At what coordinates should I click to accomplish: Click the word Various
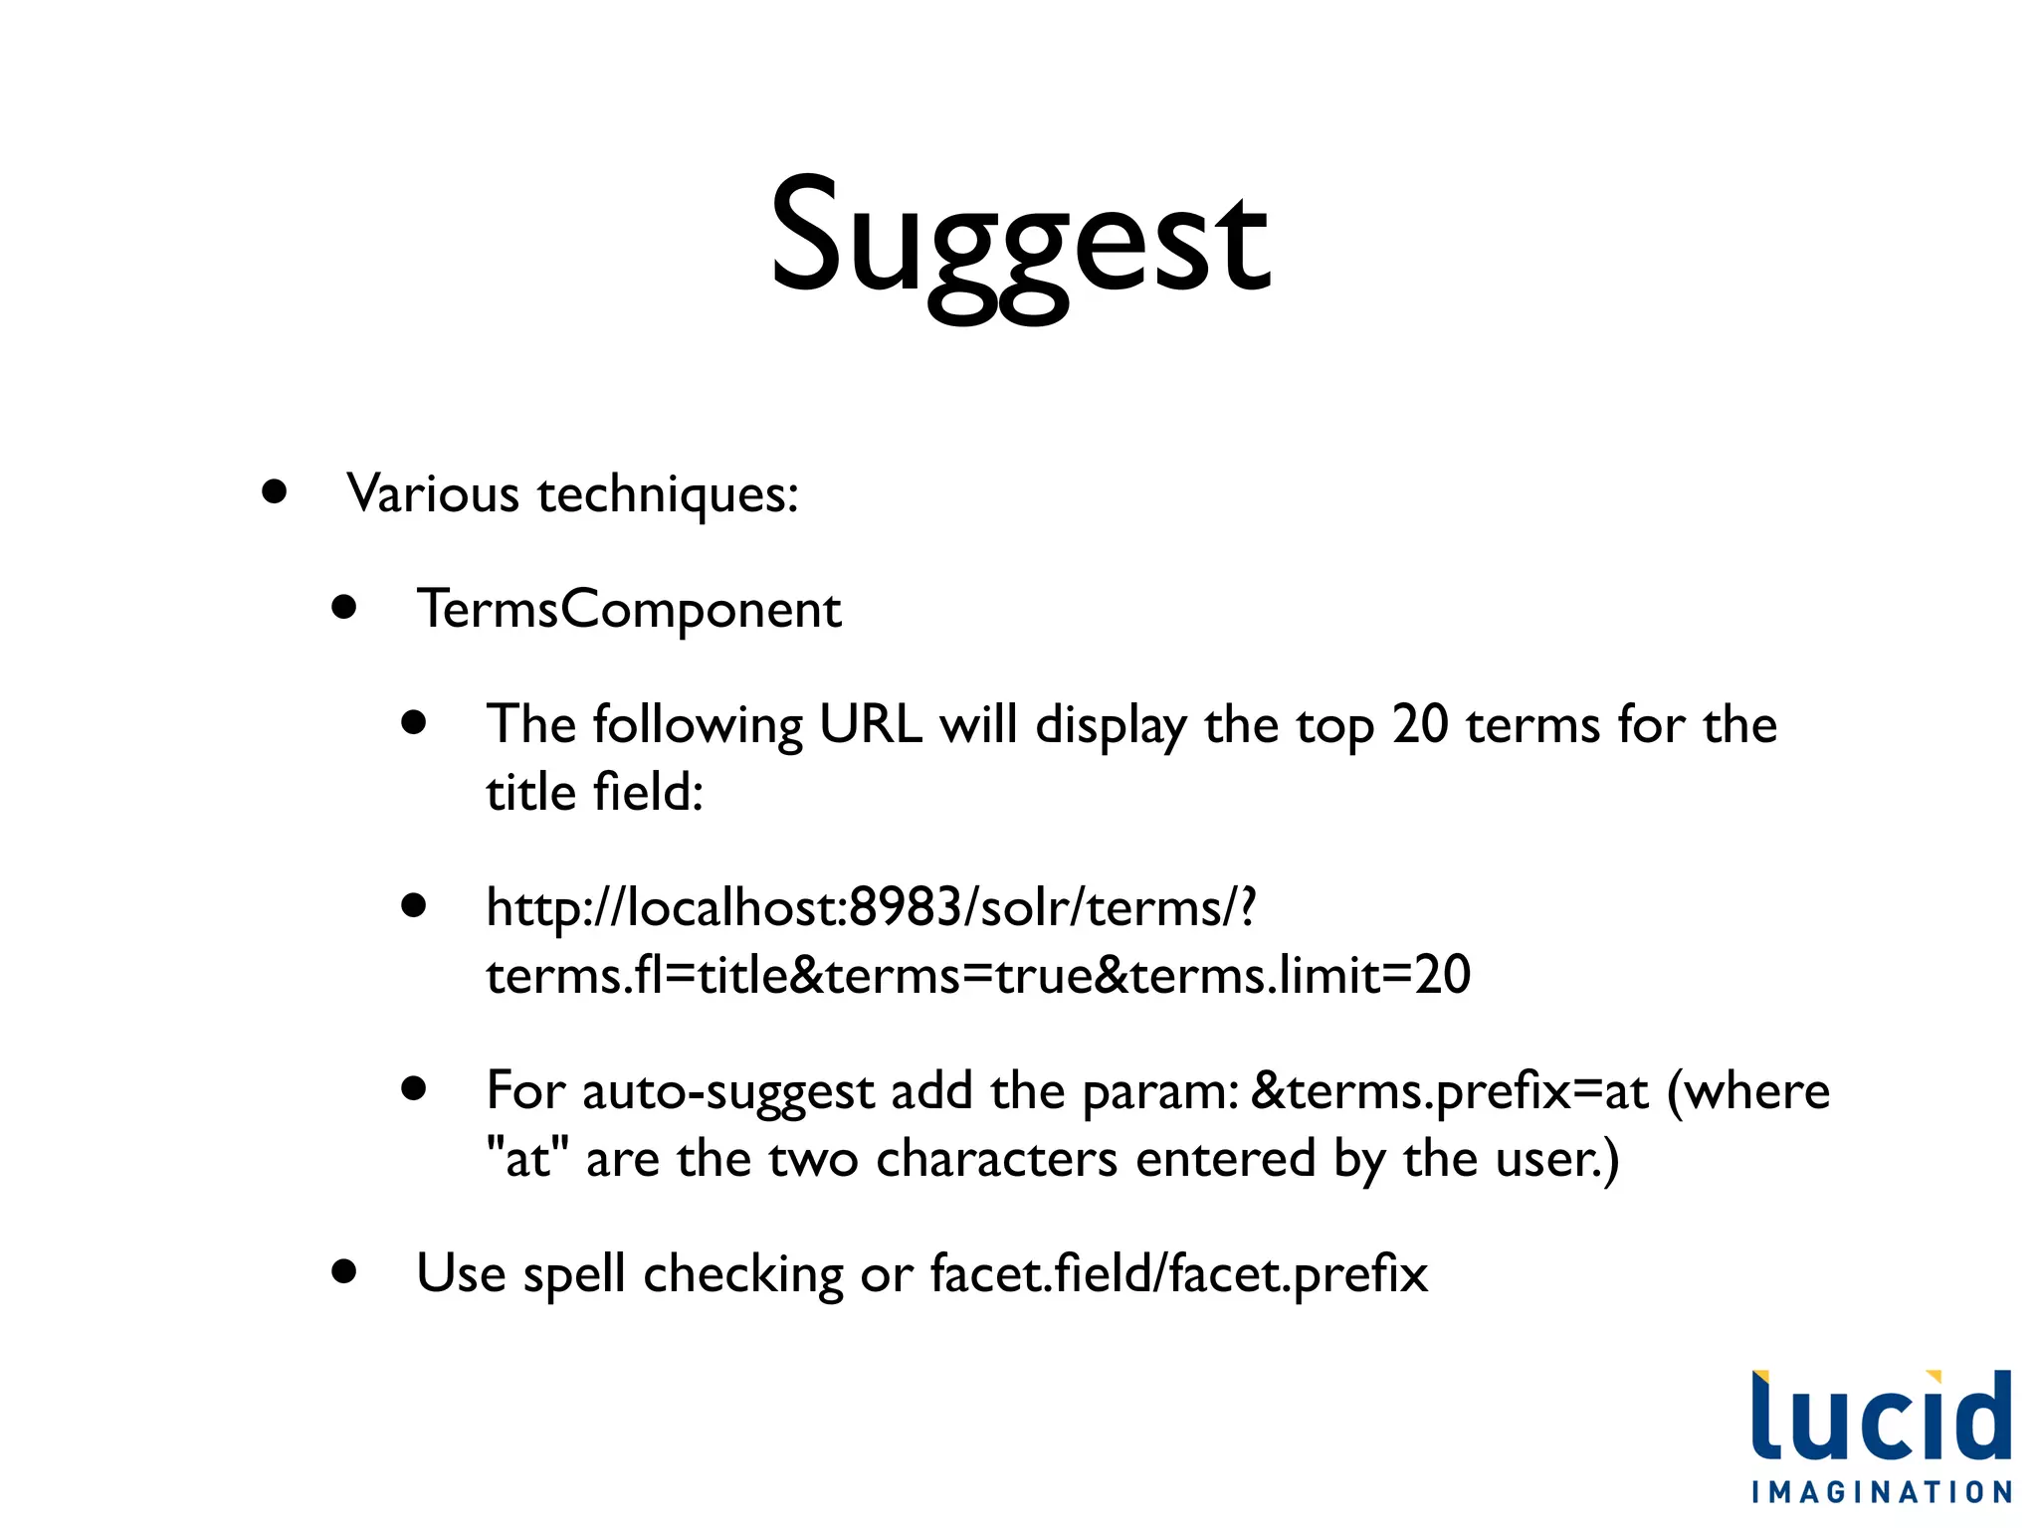pos(433,493)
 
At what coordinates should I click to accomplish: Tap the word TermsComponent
pos(629,609)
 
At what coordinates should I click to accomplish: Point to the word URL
pos(871,724)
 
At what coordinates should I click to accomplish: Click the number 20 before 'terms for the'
pos(1420,724)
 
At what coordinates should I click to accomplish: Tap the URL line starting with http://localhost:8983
pos(871,907)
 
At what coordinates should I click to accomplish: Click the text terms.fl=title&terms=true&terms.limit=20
pos(978,975)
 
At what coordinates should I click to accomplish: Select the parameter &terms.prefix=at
pos(1449,1091)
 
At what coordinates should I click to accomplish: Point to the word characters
pos(996,1159)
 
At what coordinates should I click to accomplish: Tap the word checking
pos(743,1274)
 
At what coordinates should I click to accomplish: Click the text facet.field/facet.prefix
pos(1179,1274)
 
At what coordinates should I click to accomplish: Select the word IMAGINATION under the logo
pos(1881,1492)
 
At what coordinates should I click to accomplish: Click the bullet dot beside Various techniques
pos(275,491)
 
